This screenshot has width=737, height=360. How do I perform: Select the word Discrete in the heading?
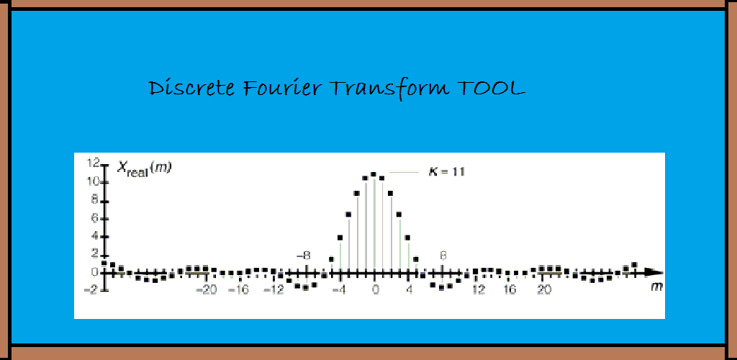click(191, 88)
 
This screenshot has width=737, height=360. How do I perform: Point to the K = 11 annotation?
click(446, 173)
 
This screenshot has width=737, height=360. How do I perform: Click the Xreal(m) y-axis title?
click(143, 168)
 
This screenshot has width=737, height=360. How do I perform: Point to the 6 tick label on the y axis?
click(94, 219)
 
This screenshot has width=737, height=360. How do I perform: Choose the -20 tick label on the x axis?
click(206, 289)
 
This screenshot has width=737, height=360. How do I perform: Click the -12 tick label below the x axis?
click(274, 289)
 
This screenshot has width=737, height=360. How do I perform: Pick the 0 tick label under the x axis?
click(374, 289)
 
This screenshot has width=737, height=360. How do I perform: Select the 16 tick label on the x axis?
click(510, 289)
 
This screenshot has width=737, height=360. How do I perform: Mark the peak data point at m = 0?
click(374, 174)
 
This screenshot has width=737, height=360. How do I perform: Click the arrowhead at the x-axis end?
click(654, 272)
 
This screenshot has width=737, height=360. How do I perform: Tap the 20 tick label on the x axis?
click(544, 289)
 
